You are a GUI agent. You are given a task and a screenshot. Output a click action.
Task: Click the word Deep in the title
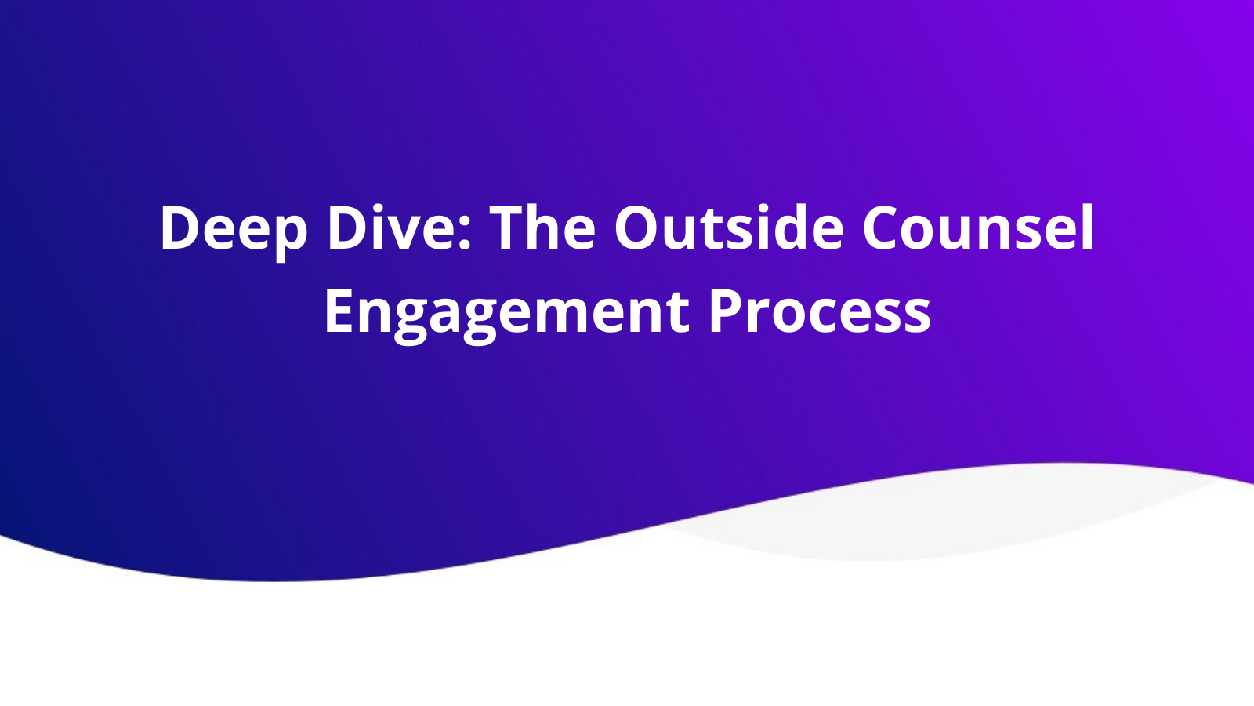(233, 228)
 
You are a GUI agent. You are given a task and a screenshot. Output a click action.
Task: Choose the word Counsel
(978, 228)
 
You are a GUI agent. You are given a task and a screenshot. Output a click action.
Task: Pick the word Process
(820, 311)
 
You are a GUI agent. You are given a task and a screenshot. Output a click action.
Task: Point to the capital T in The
(509, 228)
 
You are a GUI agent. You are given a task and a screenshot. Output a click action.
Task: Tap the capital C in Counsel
(883, 228)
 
